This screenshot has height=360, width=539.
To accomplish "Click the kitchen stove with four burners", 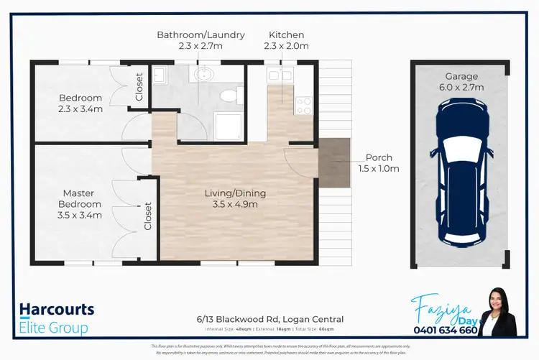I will (x=303, y=106).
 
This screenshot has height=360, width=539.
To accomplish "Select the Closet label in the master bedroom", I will (x=148, y=215).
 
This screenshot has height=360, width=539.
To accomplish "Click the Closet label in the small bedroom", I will (x=139, y=86).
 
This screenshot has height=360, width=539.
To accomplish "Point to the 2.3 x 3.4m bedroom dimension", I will (x=80, y=109).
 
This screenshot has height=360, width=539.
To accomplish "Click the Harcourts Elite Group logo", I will (x=57, y=318).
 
